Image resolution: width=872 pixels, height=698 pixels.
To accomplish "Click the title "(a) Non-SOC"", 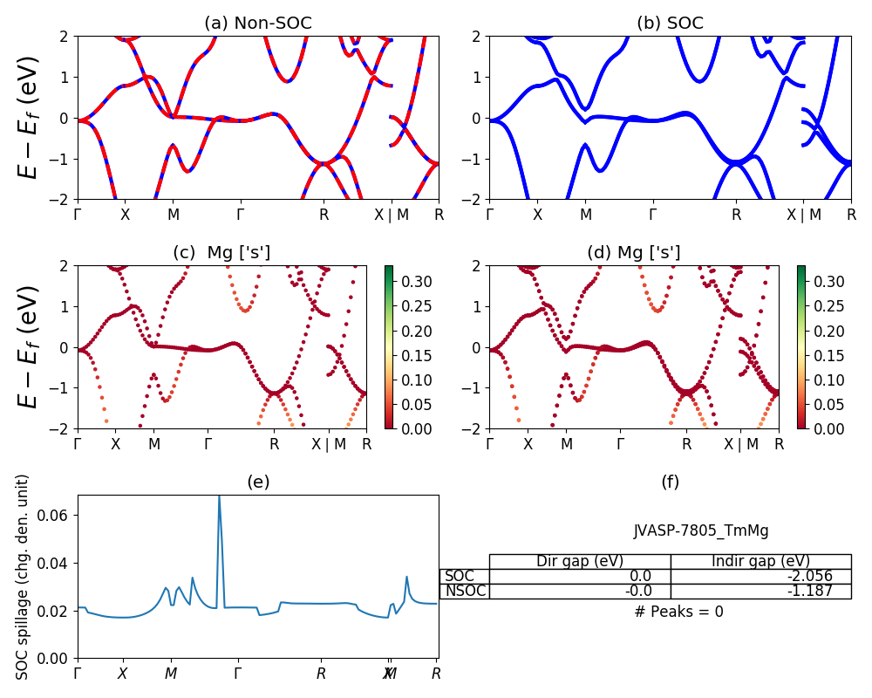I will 257,24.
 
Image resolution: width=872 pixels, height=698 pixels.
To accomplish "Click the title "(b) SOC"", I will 670,24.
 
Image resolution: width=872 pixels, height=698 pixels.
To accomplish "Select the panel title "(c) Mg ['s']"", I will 221,253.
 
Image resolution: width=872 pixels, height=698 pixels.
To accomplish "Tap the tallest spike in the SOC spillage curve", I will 219,497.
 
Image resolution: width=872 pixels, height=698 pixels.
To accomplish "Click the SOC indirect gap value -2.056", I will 807,576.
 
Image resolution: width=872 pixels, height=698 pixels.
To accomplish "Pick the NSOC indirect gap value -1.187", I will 807,591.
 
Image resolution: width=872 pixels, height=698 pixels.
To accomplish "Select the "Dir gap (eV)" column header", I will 580,561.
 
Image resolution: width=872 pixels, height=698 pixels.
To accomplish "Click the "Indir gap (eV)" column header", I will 760,561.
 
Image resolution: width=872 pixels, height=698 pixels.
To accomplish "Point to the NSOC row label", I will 465,591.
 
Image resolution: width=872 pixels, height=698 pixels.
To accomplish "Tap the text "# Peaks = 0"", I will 678,612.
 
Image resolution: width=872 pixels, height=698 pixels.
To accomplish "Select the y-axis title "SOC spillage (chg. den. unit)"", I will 24,576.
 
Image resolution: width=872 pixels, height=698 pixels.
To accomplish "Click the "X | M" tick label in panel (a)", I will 391,215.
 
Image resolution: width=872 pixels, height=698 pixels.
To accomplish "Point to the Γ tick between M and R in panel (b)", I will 652,215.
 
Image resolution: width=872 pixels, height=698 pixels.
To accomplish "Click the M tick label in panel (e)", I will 171,674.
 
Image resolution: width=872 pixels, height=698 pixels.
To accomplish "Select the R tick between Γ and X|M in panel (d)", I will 686,444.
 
